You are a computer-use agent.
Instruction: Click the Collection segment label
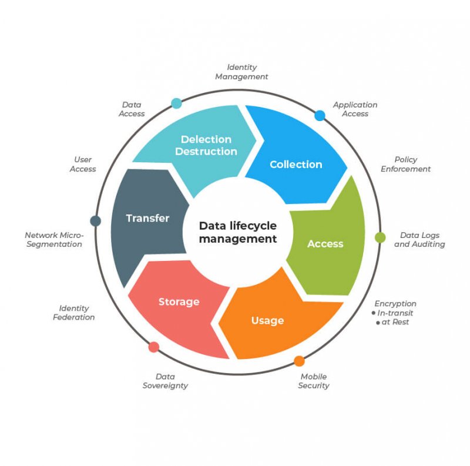[x=296, y=165]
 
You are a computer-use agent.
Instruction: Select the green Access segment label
[x=325, y=244]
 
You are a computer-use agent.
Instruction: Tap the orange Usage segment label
[x=267, y=320]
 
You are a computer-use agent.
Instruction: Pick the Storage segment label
[x=179, y=301]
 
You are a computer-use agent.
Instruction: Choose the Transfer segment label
[x=147, y=218]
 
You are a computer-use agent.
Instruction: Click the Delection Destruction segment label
[x=206, y=145]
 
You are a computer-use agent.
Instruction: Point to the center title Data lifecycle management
[x=237, y=232]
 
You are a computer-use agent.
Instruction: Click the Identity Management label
[x=241, y=72]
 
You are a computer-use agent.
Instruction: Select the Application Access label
[x=355, y=109]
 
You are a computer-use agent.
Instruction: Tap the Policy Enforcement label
[x=405, y=164]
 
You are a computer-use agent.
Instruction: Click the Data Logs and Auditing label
[x=419, y=240]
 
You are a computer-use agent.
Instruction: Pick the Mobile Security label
[x=313, y=381]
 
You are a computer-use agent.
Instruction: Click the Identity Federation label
[x=73, y=313]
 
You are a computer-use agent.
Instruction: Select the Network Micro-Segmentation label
[x=54, y=239]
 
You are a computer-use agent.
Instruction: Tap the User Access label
[x=83, y=164]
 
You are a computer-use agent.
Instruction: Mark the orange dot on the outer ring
[x=299, y=361]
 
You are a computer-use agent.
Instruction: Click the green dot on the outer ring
[x=380, y=237]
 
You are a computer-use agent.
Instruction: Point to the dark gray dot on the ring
[x=95, y=221]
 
